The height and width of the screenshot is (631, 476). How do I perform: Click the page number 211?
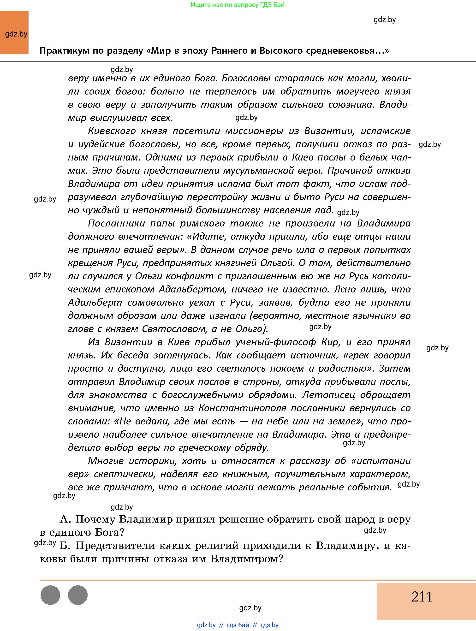pos(422,597)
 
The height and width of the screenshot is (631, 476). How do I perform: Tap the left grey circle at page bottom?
pos(50,595)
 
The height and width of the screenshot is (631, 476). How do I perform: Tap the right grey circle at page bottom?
pos(78,595)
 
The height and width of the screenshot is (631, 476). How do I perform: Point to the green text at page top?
pos(238,5)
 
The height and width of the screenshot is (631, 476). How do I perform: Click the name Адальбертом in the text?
pos(192,289)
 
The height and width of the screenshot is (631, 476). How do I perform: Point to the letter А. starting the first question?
pos(65,519)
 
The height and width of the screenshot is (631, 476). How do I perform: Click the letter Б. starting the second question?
pos(65,545)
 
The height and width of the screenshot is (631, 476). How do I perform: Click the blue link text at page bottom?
pos(238,625)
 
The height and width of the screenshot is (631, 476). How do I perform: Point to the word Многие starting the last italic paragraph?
pos(106,461)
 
